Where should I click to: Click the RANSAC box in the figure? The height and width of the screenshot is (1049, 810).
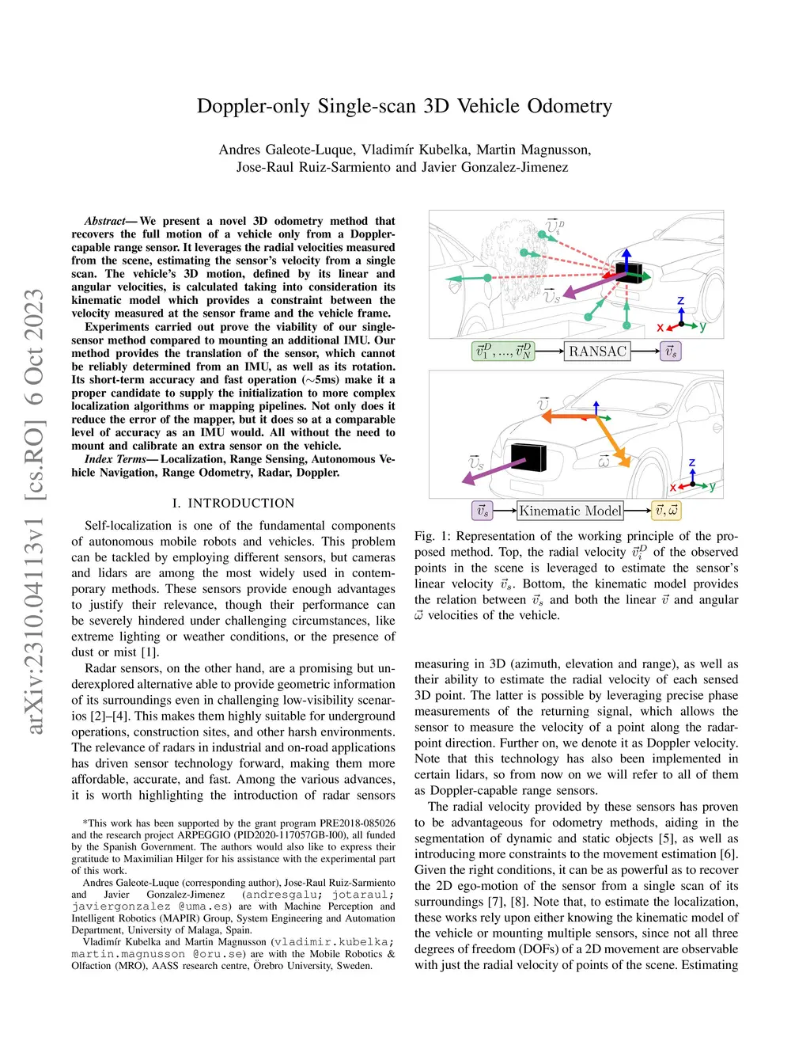pos(597,351)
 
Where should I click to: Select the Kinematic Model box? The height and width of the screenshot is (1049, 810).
pos(570,511)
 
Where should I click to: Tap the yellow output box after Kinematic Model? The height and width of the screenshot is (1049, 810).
pos(666,511)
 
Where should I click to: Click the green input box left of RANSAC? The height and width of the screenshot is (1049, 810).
pos(503,351)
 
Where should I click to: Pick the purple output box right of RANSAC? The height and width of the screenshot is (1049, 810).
pos(671,351)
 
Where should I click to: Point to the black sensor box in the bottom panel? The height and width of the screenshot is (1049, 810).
pos(530,458)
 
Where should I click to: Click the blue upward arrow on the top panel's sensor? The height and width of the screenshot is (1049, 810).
pos(626,257)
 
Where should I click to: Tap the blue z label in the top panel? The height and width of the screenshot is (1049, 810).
pos(680,301)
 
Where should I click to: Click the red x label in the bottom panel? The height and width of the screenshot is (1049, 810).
pos(673,488)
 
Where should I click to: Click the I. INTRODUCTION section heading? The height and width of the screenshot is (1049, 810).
pos(233,503)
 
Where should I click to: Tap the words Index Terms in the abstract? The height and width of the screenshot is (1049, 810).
pos(115,459)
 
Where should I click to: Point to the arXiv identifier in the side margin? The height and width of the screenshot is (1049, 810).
pos(35,511)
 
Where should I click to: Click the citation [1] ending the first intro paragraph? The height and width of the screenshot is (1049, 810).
pos(150,652)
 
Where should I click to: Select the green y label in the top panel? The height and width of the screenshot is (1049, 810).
pos(702,325)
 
